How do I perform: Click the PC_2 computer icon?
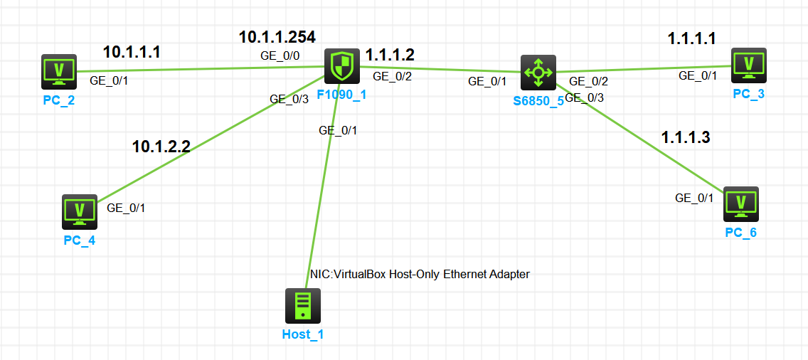59,70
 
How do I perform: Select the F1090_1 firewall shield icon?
343,67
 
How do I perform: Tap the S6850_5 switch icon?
538,72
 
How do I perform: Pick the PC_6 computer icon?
741,204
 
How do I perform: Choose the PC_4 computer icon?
80,211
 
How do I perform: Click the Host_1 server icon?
303,306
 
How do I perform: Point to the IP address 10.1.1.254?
277,37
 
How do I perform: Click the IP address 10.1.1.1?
132,52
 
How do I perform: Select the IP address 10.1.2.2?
161,147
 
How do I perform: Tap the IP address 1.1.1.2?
390,55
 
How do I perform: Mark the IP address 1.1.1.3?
686,137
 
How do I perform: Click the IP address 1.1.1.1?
692,39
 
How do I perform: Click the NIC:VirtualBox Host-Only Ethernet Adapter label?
420,274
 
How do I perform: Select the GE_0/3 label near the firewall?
289,100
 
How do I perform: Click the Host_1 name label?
303,334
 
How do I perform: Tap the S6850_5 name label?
538,100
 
